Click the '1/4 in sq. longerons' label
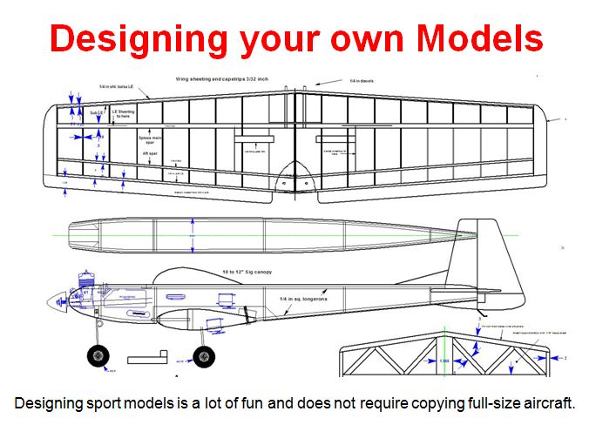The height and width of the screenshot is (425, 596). pos(302,299)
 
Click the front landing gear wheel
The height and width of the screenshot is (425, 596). pos(97,355)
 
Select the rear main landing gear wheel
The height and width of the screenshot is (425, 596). pos(204,355)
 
